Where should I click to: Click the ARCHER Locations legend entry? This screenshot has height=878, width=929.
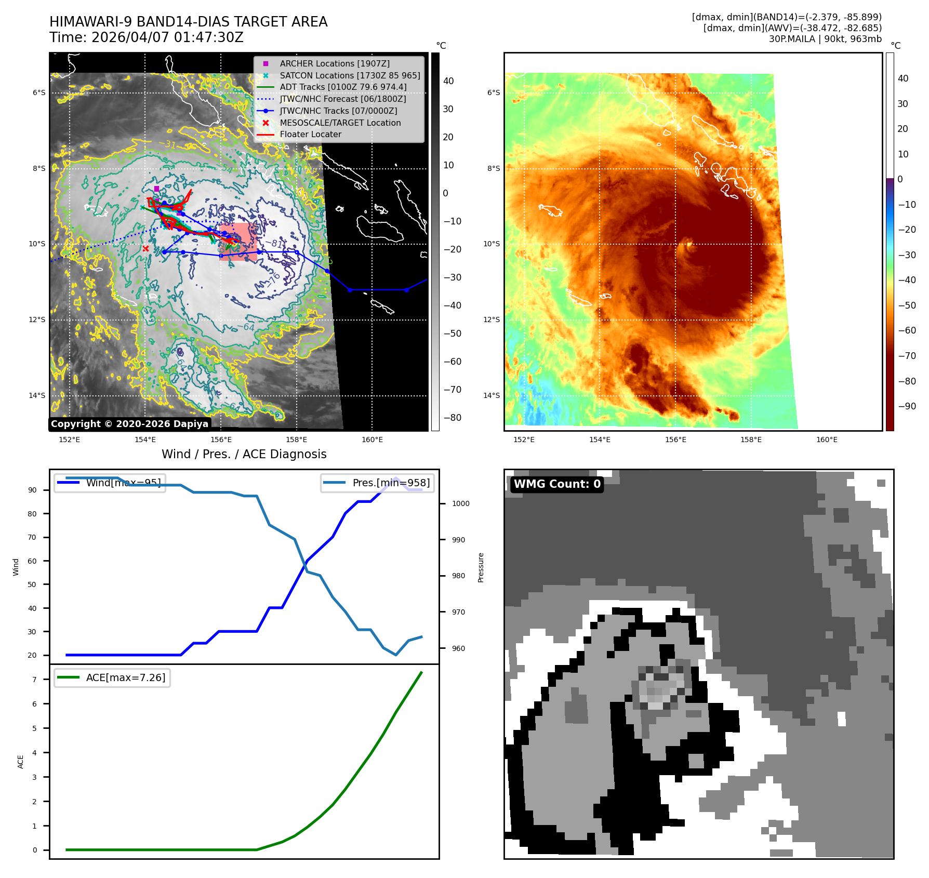[x=334, y=63]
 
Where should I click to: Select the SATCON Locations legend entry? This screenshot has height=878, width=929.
[x=350, y=75]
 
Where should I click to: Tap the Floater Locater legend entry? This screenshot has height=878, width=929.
[x=310, y=134]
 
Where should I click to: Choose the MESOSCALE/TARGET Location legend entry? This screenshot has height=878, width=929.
[x=340, y=123]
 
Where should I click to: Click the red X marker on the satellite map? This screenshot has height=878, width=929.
[x=145, y=249]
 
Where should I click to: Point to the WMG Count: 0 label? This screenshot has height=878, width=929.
[x=557, y=484]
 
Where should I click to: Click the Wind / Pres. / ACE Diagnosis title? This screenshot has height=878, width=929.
[x=244, y=454]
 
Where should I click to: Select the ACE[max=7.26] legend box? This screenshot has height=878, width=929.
[x=112, y=677]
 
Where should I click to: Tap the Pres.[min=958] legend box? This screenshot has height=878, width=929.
[x=377, y=483]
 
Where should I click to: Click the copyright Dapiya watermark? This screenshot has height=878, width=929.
[x=129, y=424]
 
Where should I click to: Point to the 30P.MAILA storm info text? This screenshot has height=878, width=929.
[x=825, y=39]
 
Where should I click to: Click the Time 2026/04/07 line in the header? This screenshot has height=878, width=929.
[x=146, y=37]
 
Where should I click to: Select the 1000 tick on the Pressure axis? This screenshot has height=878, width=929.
[x=460, y=503]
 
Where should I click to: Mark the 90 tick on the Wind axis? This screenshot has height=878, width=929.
[x=33, y=490]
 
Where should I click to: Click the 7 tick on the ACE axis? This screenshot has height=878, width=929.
[x=35, y=680]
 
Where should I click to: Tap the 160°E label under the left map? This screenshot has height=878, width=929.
[x=372, y=440]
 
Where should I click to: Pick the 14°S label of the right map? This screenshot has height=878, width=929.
[x=492, y=395]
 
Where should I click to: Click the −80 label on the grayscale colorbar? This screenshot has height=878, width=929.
[x=452, y=418]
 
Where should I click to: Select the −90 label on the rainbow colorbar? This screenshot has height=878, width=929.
[x=907, y=406]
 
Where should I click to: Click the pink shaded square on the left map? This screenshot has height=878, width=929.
[x=238, y=242]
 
